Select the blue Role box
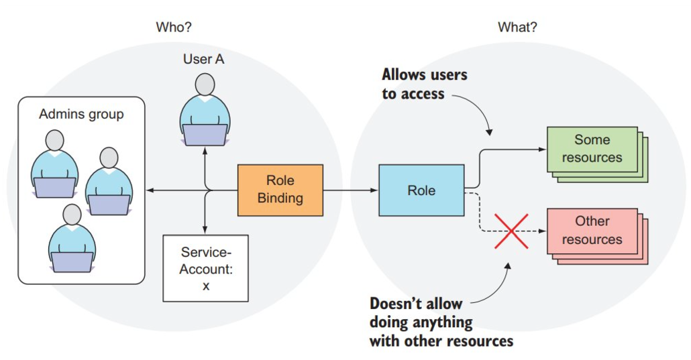(x=421, y=190)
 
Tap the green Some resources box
(x=592, y=149)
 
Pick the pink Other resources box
(x=592, y=230)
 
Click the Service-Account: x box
(x=205, y=267)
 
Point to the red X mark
(x=511, y=231)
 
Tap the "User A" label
(x=203, y=59)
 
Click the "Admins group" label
(x=81, y=114)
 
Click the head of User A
(x=205, y=85)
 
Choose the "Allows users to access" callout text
(x=424, y=84)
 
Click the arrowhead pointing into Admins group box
(x=150, y=190)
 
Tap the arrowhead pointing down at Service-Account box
(x=205, y=230)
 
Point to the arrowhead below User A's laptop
(x=205, y=151)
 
